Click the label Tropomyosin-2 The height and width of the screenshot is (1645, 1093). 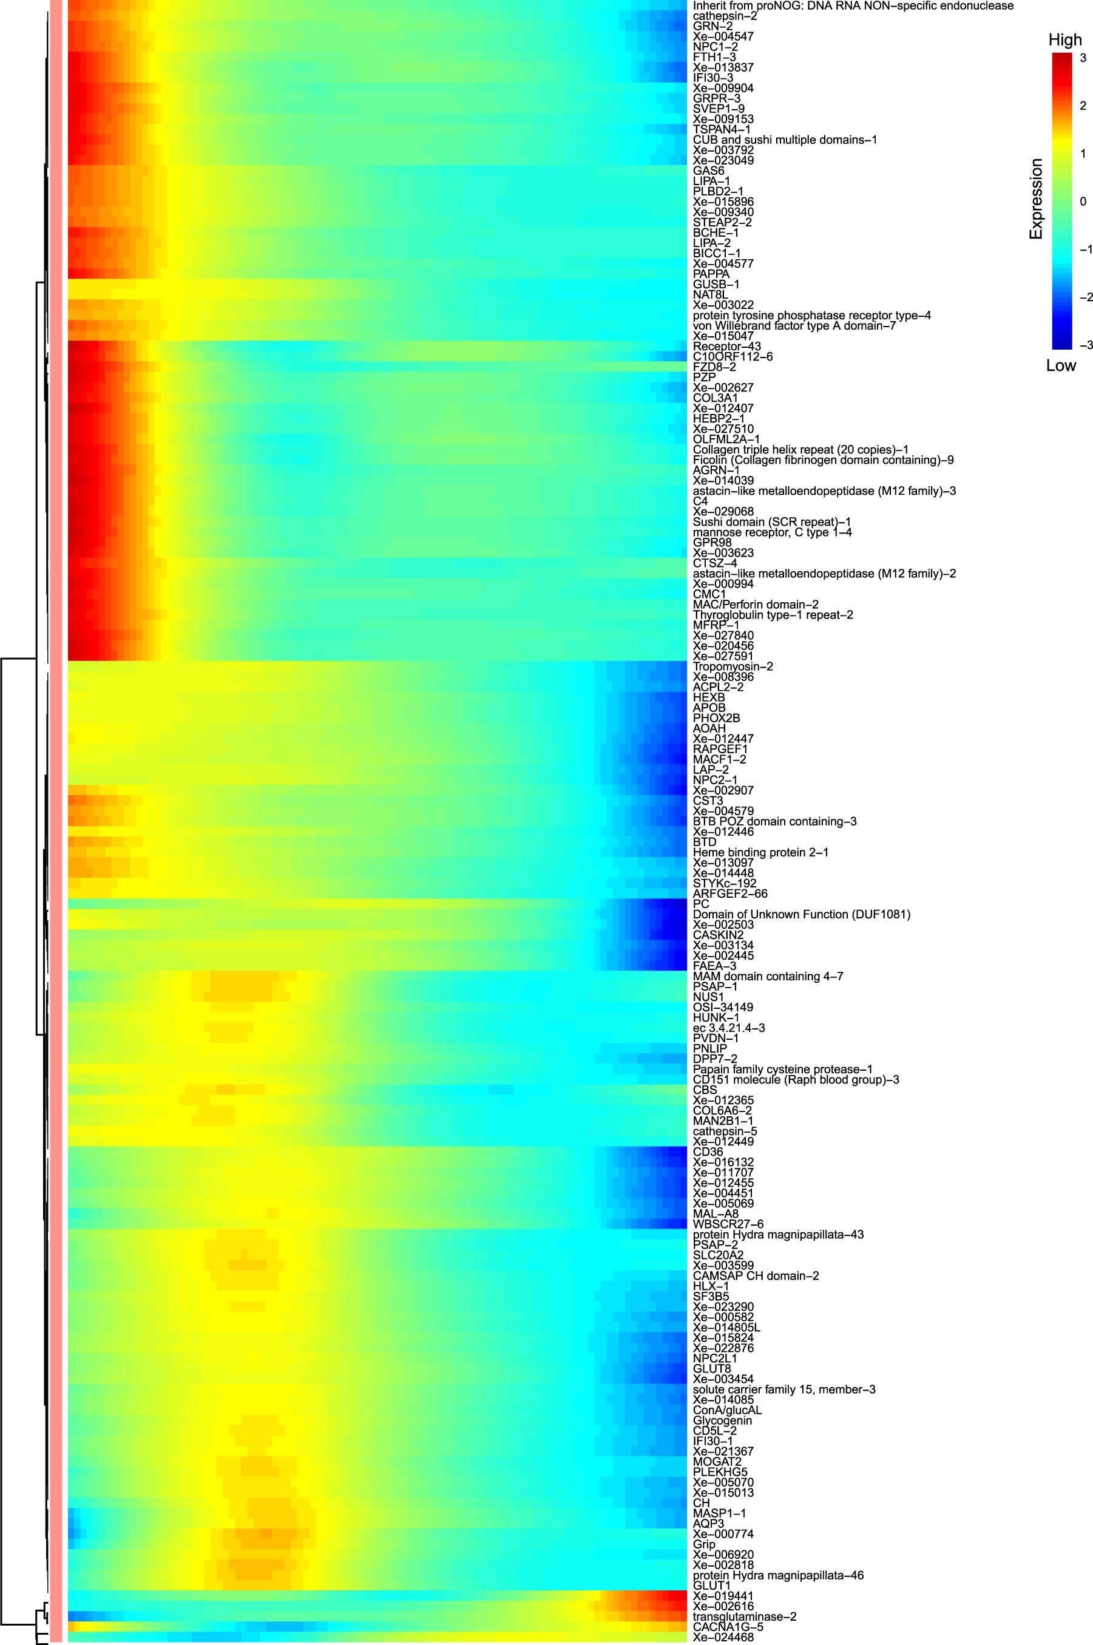point(733,666)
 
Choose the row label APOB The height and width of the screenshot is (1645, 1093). point(709,708)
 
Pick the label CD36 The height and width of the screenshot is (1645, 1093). point(708,1152)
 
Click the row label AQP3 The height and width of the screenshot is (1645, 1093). point(708,1524)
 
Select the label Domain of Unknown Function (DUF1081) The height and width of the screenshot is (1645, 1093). point(801,914)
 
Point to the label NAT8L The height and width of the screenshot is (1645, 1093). point(709,295)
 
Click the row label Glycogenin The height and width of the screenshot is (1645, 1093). point(722,1420)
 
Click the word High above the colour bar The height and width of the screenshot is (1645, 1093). point(1064,39)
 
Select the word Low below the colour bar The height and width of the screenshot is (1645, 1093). point(1060,365)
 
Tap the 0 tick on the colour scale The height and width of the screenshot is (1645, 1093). point(1083,202)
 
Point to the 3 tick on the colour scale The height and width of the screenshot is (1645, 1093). point(1083,58)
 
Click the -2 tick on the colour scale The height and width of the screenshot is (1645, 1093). point(1085,297)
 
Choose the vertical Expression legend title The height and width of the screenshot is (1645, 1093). point(1036,199)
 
